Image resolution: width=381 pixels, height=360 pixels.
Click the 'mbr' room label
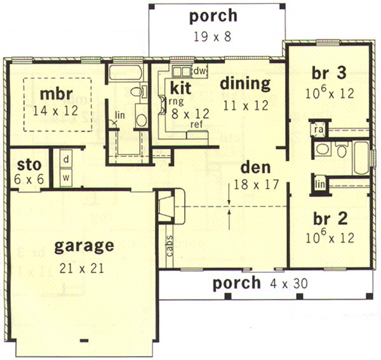tap(56, 94)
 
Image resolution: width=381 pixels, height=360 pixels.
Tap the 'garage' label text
tap(84, 246)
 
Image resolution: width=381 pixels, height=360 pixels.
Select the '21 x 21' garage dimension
tap(82, 268)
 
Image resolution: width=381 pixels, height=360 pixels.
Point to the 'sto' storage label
tap(29, 165)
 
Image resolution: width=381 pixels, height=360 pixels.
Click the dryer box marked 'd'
tap(66, 159)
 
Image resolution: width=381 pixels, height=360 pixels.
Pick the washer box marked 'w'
tap(66, 178)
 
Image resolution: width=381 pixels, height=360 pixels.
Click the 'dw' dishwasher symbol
tap(200, 71)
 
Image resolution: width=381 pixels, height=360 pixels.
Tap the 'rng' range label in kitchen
tap(177, 102)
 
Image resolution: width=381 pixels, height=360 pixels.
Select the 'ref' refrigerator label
tap(197, 124)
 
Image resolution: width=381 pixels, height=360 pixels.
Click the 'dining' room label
tap(245, 84)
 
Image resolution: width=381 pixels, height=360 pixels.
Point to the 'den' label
tap(255, 168)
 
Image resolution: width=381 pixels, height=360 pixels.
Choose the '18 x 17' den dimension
tap(256, 185)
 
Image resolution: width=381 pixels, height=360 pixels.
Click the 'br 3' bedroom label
tap(329, 74)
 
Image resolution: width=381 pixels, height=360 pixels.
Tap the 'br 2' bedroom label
tap(330, 219)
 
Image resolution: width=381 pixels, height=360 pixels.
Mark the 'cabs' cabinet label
tap(170, 245)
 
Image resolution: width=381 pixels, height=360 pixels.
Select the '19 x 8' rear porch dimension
tap(212, 37)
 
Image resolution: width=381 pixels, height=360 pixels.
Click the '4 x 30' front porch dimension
tap(289, 283)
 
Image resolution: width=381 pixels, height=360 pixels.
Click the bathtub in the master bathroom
tap(125, 72)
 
